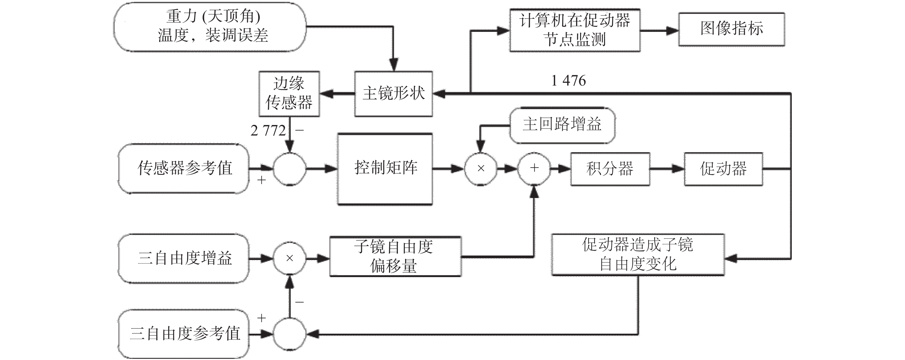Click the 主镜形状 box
click(394, 94)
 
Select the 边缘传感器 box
click(289, 94)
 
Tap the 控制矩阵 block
click(385, 169)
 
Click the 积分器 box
click(610, 169)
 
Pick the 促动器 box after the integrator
click(723, 169)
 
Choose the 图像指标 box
click(731, 29)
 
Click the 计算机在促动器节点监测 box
click(575, 30)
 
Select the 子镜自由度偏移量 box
click(395, 256)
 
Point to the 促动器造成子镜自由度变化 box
click(638, 255)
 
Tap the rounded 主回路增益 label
click(562, 125)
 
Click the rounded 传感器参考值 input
click(184, 168)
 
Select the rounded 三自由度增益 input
click(184, 258)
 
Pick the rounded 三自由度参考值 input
click(184, 334)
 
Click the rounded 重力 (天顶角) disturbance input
click(210, 27)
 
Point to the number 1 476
click(569, 81)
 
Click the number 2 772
click(268, 131)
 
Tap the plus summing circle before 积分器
click(534, 169)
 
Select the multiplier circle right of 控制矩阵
click(481, 169)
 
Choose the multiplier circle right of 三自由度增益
click(290, 258)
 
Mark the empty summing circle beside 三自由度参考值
click(290, 334)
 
